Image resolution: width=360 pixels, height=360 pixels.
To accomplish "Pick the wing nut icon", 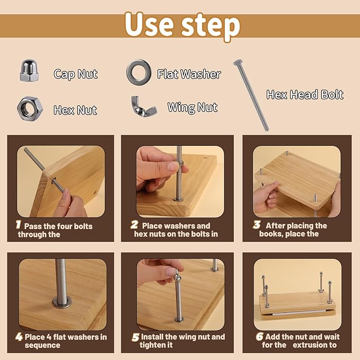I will click(144, 106).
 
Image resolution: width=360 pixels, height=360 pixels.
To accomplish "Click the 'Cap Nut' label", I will click(75, 74).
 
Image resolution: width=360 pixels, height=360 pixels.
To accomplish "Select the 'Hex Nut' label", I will click(75, 110).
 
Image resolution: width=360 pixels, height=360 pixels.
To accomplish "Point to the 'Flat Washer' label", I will click(189, 74).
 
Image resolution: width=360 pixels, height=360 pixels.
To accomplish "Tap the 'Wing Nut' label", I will click(192, 108).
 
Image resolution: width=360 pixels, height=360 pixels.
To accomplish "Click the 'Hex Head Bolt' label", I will click(305, 95).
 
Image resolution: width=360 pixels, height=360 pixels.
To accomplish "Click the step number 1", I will click(18, 225).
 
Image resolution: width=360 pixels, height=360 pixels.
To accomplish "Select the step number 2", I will click(135, 225).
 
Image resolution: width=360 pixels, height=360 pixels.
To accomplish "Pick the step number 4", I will click(19, 337).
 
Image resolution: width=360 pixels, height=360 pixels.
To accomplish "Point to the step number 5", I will click(135, 337).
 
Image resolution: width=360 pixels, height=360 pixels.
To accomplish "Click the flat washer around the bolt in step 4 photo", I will click(62, 303).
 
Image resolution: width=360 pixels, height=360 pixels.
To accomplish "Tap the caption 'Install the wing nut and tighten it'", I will click(182, 341).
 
